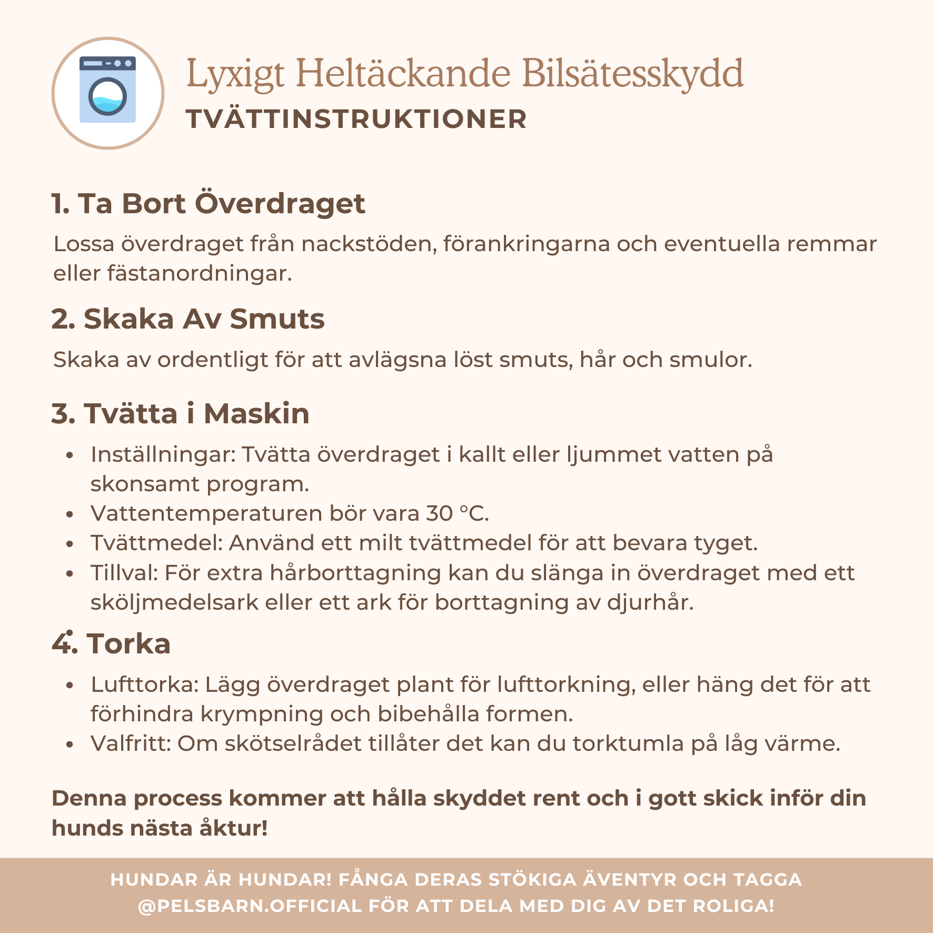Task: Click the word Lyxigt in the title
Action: click(x=235, y=74)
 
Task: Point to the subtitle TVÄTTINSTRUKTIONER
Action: click(x=356, y=119)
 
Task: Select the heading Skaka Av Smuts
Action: click(x=188, y=319)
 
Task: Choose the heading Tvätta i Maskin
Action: click(x=180, y=413)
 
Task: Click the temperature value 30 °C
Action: click(x=457, y=513)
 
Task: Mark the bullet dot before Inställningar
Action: click(x=70, y=455)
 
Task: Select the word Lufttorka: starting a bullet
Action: click(x=144, y=685)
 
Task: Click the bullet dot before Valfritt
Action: click(x=70, y=745)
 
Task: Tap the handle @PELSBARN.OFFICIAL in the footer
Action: click(x=250, y=906)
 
